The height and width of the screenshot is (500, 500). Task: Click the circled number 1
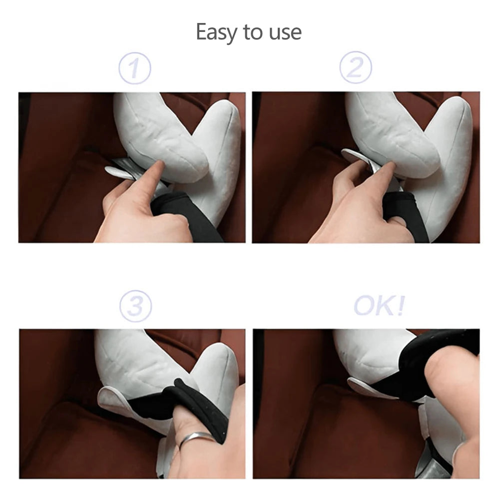134,68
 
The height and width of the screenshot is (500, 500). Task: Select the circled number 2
355,67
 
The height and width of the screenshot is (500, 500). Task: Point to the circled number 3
135,306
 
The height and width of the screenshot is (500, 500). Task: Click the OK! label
379,306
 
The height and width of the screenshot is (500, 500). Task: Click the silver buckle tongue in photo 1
120,170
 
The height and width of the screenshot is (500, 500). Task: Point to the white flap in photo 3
112,400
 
